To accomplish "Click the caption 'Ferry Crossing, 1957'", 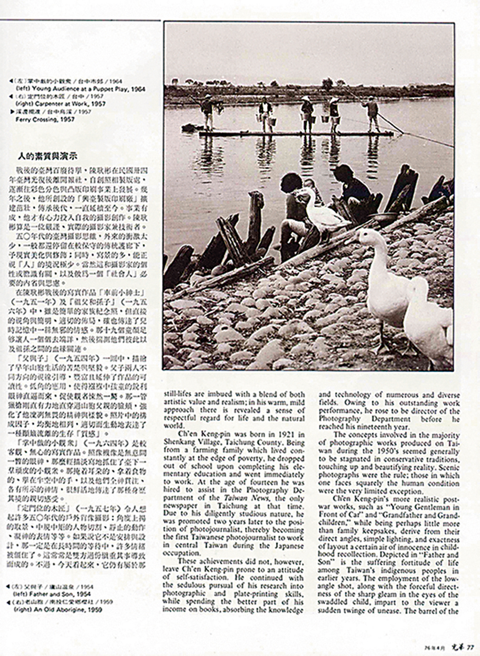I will (45, 119).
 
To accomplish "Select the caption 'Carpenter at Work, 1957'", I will (61, 104).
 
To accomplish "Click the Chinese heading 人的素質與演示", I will (48, 156).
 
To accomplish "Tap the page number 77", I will (470, 647).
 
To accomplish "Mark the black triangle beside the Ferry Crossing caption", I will (12, 112).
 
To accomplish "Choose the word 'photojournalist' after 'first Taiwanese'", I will (238, 538).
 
